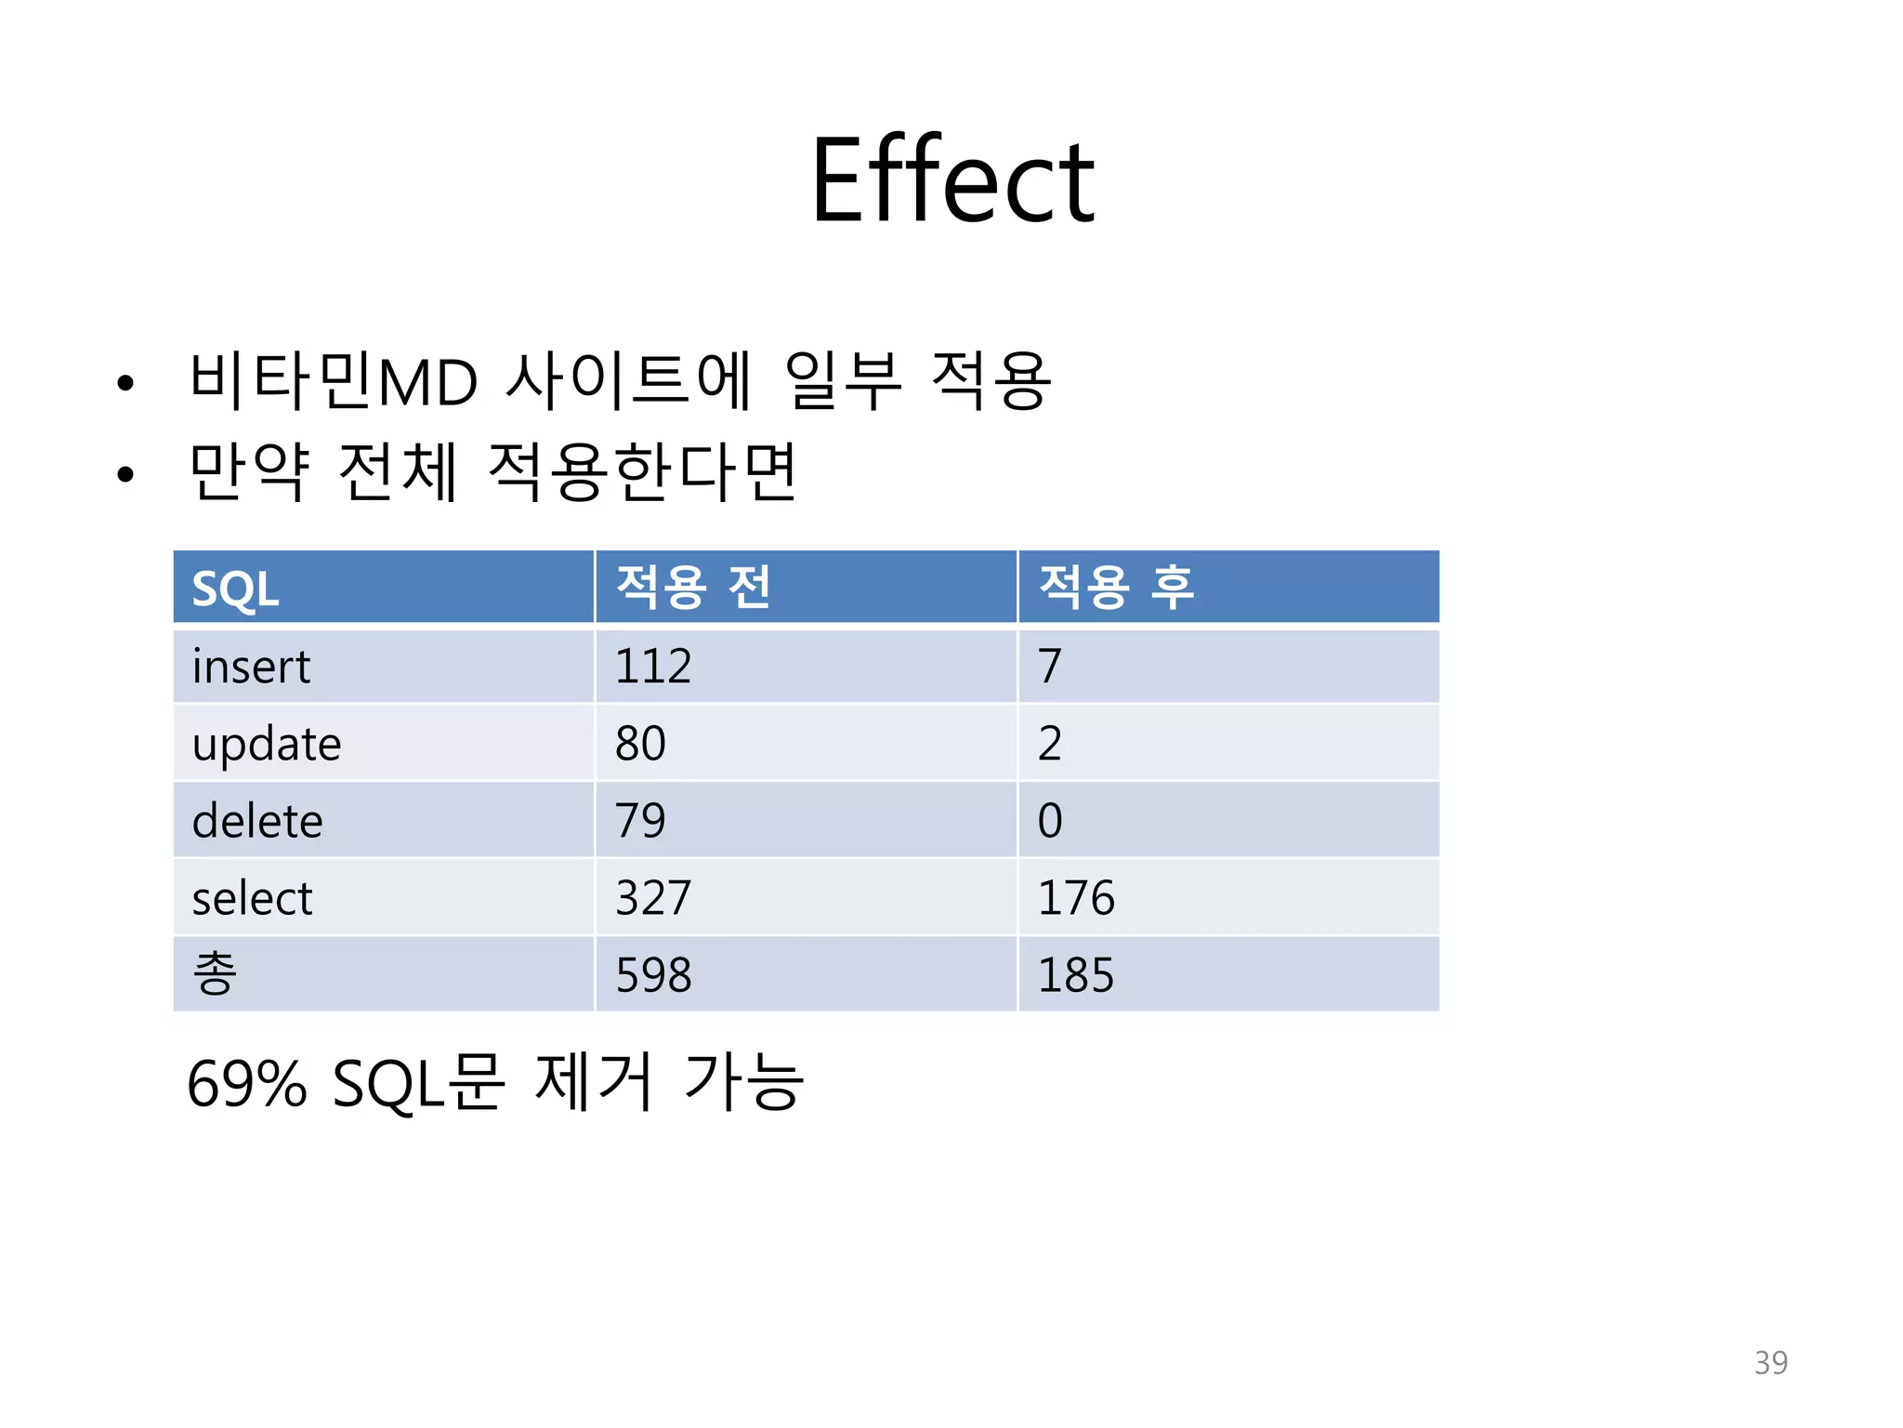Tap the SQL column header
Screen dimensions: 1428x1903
click(x=235, y=589)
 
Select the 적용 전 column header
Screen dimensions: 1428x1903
click(x=693, y=588)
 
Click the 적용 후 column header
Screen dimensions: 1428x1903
click(x=1116, y=588)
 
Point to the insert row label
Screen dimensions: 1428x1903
click(x=251, y=667)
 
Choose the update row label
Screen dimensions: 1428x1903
click(x=267, y=745)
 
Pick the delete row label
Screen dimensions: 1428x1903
click(x=257, y=821)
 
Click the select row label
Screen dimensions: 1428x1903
click(x=252, y=898)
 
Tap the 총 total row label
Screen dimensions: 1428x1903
click(x=215, y=973)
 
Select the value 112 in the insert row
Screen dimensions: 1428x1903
click(x=653, y=667)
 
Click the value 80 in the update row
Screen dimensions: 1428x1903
click(x=640, y=744)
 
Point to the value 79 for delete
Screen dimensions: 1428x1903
click(x=640, y=821)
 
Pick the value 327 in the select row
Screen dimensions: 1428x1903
click(x=653, y=898)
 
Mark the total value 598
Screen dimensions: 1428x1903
click(x=653, y=975)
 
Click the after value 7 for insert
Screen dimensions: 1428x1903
click(x=1050, y=667)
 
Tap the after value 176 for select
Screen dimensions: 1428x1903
click(x=1075, y=898)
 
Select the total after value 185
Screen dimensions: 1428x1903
click(x=1075, y=975)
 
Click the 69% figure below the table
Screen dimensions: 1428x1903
click(x=246, y=1084)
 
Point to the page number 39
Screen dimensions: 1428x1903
click(x=1770, y=1362)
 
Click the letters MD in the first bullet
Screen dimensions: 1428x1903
click(x=427, y=382)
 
